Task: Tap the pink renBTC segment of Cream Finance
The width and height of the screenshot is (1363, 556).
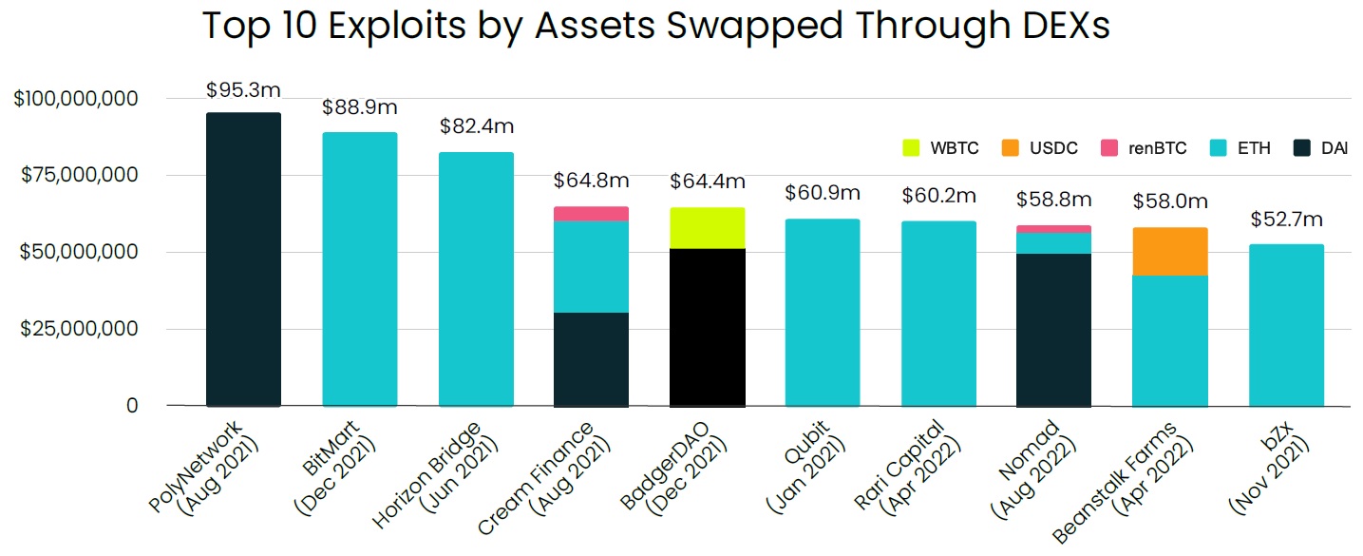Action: [x=591, y=214]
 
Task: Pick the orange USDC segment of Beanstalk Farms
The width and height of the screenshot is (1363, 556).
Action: [x=1170, y=252]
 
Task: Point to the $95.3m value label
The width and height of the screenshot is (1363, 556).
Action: [x=243, y=91]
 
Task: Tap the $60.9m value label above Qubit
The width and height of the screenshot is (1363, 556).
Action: [x=823, y=194]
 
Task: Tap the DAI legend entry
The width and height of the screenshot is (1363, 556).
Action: [x=1320, y=148]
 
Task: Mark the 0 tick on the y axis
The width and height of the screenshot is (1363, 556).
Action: [x=133, y=406]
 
